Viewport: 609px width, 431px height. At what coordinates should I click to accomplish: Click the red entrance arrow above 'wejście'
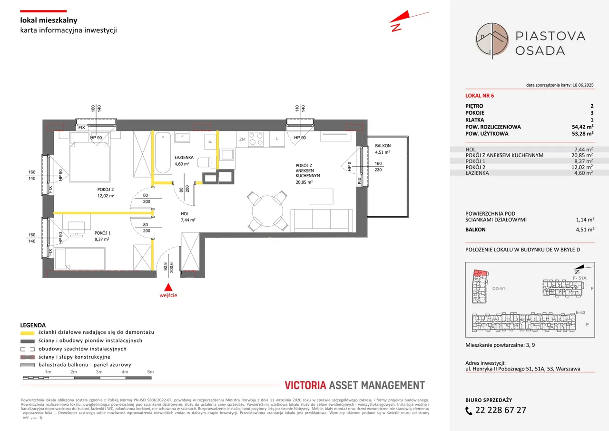tap(168, 287)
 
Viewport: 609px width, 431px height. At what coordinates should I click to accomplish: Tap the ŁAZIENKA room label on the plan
tap(183, 157)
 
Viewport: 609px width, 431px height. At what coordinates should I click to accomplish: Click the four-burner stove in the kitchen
tap(256, 139)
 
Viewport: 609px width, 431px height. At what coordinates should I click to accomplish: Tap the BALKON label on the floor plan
tap(383, 146)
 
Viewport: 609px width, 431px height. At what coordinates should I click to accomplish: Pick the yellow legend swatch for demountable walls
tap(28, 332)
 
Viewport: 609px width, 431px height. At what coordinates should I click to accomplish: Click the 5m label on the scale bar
tap(150, 371)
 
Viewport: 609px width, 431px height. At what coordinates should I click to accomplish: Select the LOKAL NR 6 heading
tap(480, 95)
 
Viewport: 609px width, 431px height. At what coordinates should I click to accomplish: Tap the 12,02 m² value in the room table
tap(583, 167)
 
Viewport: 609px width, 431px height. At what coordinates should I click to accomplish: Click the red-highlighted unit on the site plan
tap(481, 273)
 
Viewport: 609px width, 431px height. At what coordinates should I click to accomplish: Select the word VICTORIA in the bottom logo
tap(305, 385)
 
